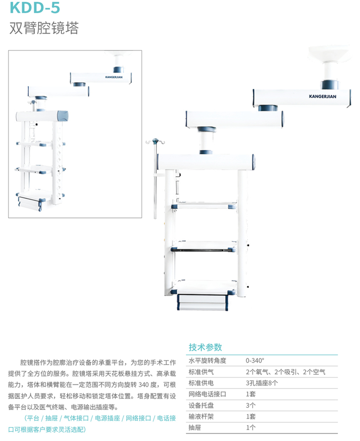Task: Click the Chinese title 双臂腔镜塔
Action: tap(44, 28)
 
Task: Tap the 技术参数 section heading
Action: tap(205, 347)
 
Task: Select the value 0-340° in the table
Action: tap(255, 360)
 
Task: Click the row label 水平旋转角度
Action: tap(207, 360)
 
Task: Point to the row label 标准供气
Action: tap(201, 372)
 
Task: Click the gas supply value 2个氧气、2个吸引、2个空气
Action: tap(286, 372)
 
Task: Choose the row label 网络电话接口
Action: tap(207, 394)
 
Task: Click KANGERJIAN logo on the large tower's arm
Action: tap(323, 96)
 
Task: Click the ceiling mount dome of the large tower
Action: tap(329, 52)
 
